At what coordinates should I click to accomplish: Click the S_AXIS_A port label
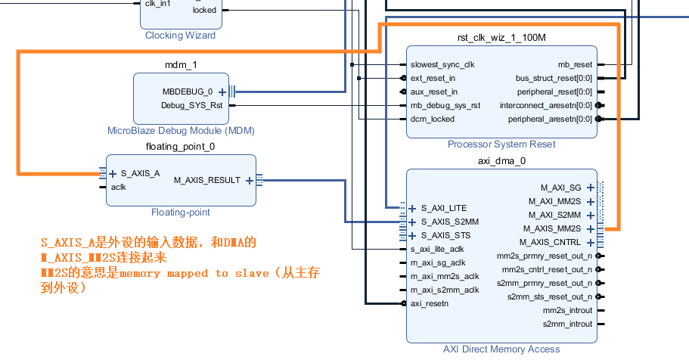point(140,173)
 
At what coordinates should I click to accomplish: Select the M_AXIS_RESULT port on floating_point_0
point(206,180)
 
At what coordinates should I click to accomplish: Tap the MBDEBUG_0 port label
point(188,92)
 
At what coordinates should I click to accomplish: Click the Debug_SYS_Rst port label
point(192,106)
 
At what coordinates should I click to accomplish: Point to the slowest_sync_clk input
point(442,64)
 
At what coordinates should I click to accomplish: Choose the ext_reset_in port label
point(433,78)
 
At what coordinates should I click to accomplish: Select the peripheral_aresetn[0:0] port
point(550,119)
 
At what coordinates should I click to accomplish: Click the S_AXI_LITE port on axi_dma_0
point(444,208)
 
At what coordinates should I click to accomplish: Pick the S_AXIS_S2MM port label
point(450,222)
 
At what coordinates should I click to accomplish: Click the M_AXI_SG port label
point(560,187)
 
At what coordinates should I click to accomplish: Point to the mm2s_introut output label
point(567,310)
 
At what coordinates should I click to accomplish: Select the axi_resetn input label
point(429,303)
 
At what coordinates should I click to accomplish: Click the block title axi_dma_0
point(501,160)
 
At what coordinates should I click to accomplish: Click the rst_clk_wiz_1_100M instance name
point(501,38)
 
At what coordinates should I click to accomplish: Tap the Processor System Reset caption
point(501,144)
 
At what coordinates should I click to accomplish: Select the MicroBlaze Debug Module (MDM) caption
point(181,130)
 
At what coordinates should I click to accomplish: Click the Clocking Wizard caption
point(180,36)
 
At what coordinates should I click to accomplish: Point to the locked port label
point(203,10)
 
